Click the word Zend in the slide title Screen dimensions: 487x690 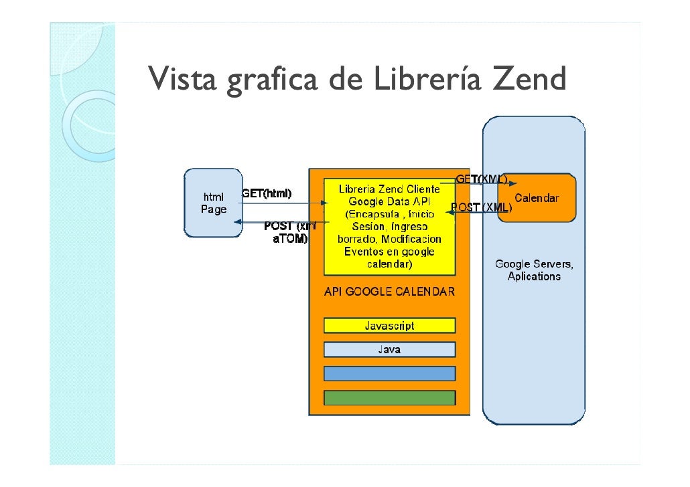click(530, 80)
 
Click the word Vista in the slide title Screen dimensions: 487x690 click(183, 80)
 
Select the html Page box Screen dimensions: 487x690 click(214, 203)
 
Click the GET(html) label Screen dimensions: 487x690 click(267, 194)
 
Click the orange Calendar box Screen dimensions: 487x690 click(537, 199)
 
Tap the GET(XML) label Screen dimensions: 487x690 click(481, 179)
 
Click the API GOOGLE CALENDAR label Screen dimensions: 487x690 click(389, 292)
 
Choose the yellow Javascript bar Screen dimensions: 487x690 click(389, 326)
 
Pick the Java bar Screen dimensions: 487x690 click(389, 349)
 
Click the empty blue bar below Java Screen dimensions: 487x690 click(389, 373)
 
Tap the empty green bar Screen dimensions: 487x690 click(389, 397)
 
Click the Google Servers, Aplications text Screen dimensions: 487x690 click(534, 270)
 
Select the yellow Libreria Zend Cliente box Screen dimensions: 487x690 click(389, 227)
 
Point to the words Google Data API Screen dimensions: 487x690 click(389, 201)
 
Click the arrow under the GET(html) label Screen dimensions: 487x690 click(281, 203)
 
